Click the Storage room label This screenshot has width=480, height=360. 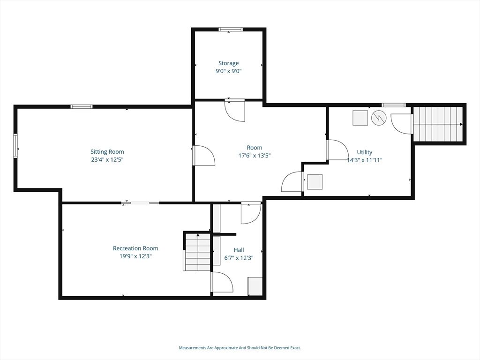(228, 63)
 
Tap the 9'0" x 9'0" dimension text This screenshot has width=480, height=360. (228, 71)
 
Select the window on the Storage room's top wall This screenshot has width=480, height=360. (231, 30)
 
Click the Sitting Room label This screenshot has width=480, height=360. (107, 152)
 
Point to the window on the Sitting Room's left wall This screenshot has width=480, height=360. (15, 146)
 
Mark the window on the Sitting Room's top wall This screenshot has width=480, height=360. (82, 107)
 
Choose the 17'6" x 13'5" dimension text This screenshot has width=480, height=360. (255, 156)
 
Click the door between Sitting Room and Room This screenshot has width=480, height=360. (203, 155)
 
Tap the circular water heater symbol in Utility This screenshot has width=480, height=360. (378, 118)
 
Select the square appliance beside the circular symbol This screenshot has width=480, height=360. (360, 118)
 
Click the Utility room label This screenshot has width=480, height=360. (365, 152)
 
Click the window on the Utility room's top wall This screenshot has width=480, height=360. (393, 105)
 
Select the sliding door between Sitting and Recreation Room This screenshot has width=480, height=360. (140, 203)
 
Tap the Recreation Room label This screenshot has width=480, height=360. (135, 248)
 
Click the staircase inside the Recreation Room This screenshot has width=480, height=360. (197, 252)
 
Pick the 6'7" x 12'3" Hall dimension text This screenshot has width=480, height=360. (239, 258)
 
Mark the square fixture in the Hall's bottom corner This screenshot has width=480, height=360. (255, 286)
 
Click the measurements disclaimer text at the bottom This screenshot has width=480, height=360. (240, 348)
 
